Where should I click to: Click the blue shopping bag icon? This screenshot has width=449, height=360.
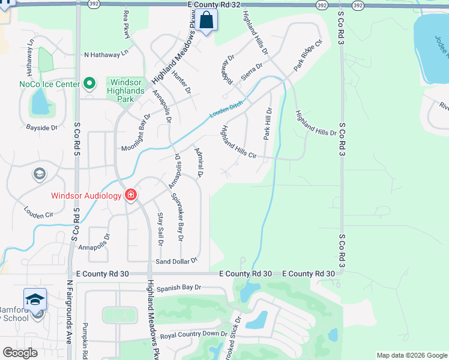205,20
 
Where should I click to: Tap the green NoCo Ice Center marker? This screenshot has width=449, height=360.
90,83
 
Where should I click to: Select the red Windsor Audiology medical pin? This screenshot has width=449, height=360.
130,195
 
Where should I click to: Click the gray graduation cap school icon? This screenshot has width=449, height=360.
40,174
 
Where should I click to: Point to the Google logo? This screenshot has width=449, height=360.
20,352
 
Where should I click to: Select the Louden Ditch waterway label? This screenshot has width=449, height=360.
226,108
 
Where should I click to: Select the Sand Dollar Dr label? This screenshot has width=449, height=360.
176,261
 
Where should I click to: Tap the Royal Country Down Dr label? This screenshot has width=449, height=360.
194,334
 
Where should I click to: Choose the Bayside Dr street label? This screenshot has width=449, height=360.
41,127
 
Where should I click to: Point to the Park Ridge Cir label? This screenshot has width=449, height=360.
308,56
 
